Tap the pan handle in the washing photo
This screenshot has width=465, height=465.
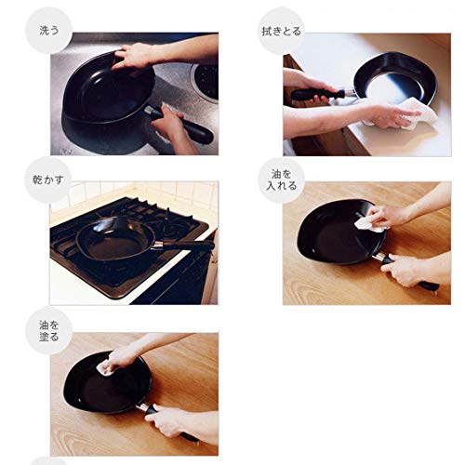point(191,131)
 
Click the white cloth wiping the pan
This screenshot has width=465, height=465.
point(417,113)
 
